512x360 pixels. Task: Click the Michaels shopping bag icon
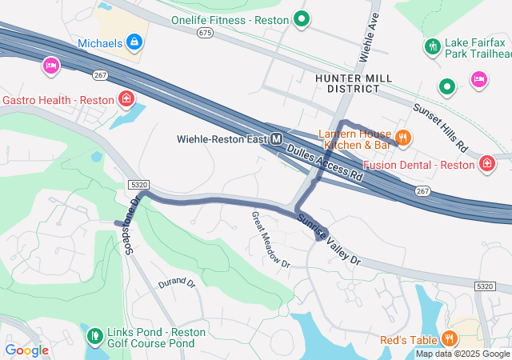click(x=134, y=41)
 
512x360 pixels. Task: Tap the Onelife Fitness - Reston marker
click(x=302, y=18)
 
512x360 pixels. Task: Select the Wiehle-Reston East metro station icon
click(x=276, y=138)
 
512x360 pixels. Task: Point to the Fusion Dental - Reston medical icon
click(x=486, y=164)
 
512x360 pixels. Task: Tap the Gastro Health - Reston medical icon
click(x=126, y=99)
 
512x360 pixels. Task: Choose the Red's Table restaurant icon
click(x=450, y=338)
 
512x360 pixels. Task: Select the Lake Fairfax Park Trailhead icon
click(x=432, y=46)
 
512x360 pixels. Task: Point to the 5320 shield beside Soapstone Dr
click(x=138, y=184)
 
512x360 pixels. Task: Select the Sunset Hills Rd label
click(x=439, y=127)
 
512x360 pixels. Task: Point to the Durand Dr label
click(x=176, y=282)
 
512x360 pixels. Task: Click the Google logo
click(x=26, y=350)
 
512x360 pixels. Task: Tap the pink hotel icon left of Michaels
click(x=51, y=66)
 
